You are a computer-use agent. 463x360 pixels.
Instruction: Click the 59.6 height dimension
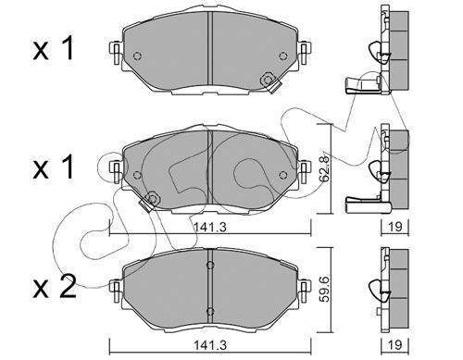326,290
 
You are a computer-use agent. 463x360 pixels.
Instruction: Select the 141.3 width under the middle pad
210,228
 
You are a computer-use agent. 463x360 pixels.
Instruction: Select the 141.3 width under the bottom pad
210,345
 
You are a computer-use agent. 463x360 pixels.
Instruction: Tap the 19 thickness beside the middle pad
395,227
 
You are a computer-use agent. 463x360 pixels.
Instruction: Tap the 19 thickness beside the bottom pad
395,344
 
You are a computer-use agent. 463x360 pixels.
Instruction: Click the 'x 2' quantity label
55,287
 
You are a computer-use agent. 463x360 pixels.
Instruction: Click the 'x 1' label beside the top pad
54,48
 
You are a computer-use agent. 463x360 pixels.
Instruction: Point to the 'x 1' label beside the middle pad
54,167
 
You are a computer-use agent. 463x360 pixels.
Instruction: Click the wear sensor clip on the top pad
269,82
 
